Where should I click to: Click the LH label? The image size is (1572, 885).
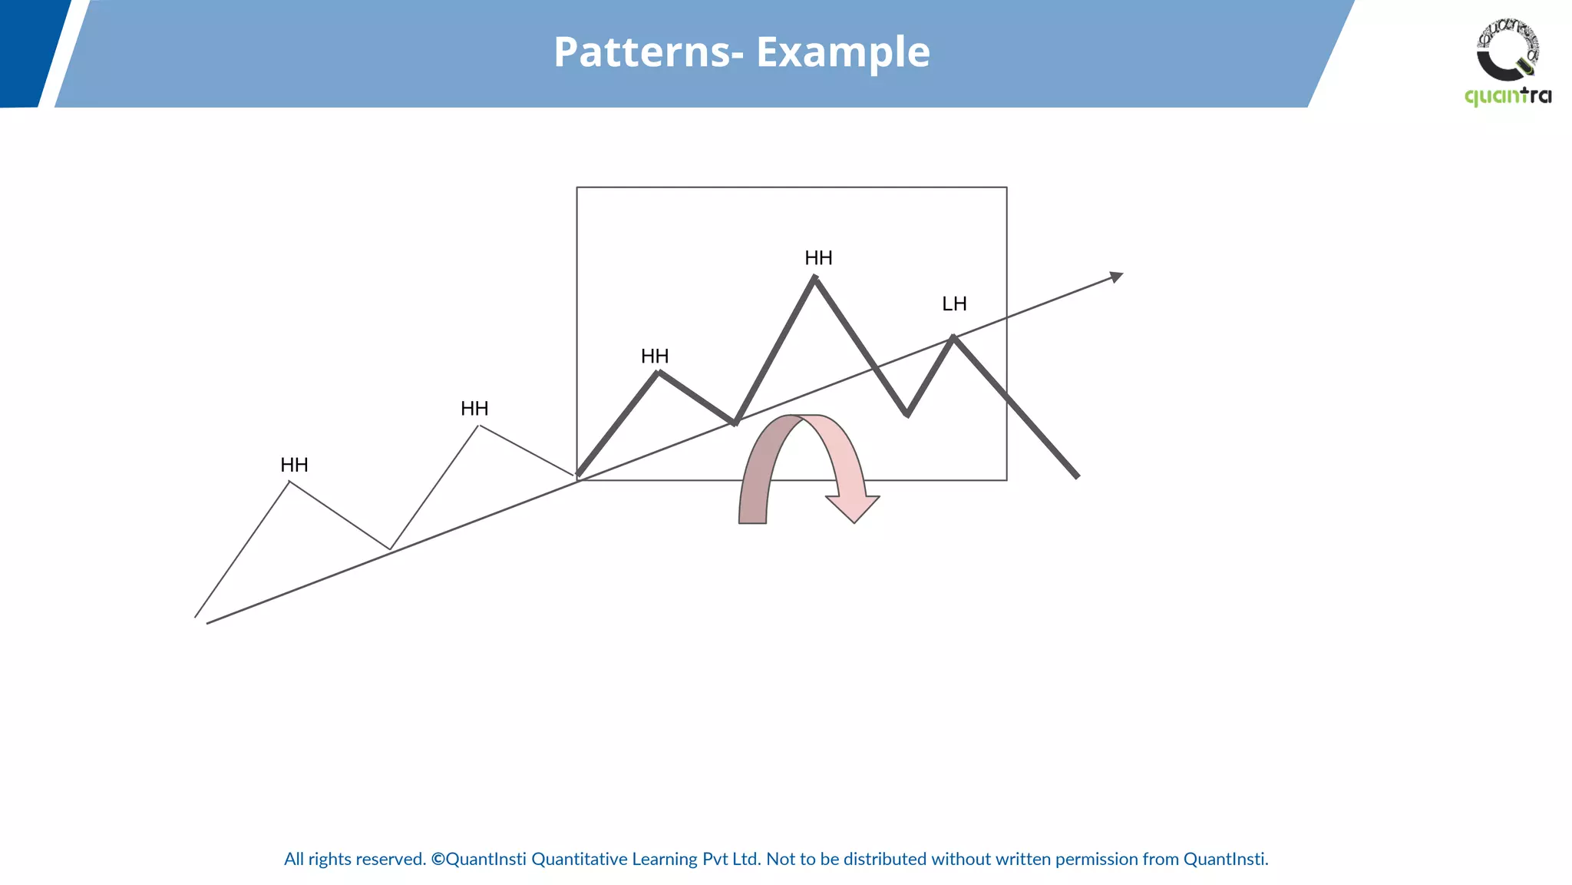click(954, 304)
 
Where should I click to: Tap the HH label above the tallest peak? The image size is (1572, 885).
click(818, 258)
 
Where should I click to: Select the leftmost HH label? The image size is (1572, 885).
click(294, 466)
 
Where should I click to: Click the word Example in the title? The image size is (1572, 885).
click(843, 52)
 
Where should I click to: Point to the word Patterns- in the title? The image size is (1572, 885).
click(643, 52)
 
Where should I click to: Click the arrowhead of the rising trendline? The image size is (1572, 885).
click(1117, 277)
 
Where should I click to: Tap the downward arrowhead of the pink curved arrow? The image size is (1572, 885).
click(853, 509)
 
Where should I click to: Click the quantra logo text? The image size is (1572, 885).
click(1508, 96)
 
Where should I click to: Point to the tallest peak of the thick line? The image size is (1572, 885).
click(814, 278)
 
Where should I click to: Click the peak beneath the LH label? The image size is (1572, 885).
click(953, 336)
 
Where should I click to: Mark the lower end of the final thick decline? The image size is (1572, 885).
click(1077, 476)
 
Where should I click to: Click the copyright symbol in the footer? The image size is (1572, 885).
click(438, 860)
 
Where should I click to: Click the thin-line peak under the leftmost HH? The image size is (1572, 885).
click(289, 482)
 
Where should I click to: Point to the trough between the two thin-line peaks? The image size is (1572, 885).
click(390, 549)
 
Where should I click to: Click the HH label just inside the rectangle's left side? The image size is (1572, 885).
click(655, 356)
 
